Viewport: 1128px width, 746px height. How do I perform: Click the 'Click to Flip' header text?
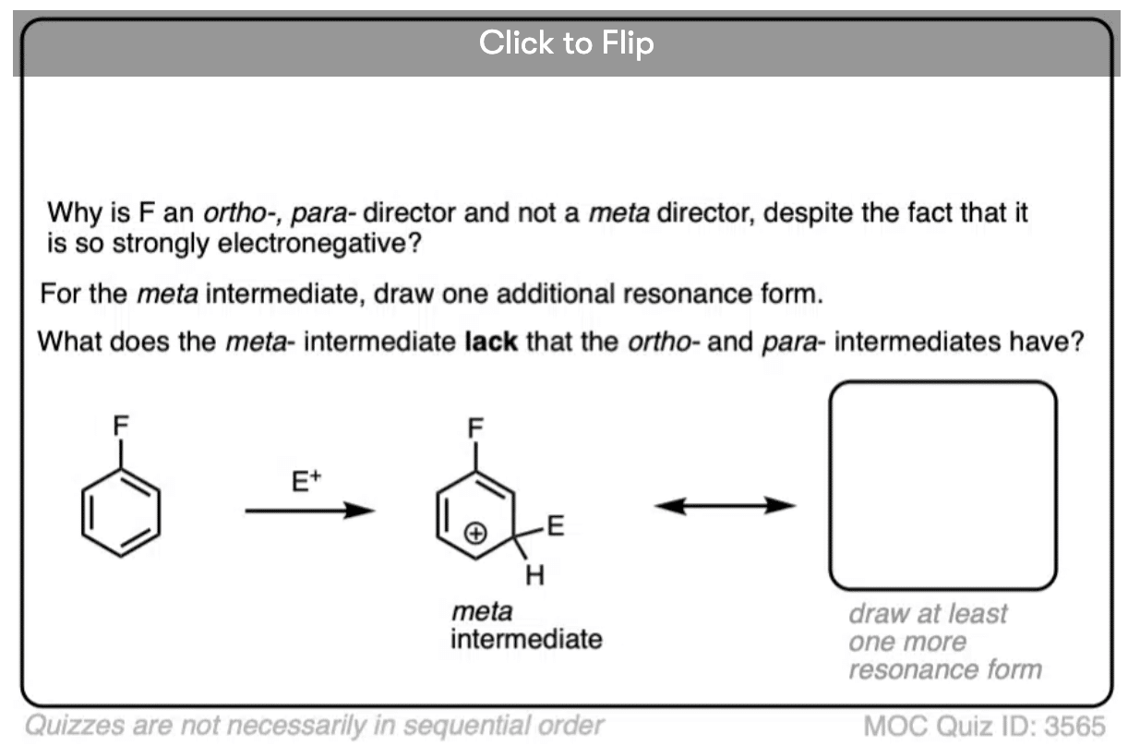[566, 42]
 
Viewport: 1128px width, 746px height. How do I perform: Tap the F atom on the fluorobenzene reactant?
[121, 426]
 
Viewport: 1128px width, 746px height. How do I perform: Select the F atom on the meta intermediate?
[475, 428]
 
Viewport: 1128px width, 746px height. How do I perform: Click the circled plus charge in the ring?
[475, 533]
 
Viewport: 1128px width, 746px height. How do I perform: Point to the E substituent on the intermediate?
[555, 526]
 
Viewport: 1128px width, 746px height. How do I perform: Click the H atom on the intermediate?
[534, 575]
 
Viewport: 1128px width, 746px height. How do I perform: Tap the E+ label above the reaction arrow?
[306, 480]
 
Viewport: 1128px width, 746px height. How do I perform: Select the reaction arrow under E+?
[310, 511]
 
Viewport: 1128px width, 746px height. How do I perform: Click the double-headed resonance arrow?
[725, 505]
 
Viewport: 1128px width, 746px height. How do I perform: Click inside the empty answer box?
[942, 485]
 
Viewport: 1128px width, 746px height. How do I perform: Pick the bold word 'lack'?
[491, 342]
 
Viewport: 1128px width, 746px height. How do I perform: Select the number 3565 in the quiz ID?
[1074, 726]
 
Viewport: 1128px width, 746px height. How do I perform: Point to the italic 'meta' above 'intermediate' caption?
[482, 611]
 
